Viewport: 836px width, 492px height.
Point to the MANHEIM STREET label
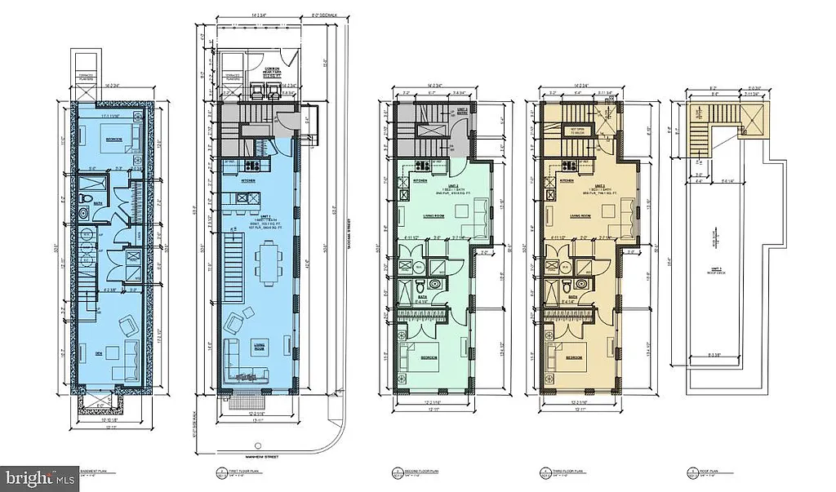click(x=260, y=457)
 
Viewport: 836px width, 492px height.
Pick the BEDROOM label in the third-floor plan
click(x=575, y=357)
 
